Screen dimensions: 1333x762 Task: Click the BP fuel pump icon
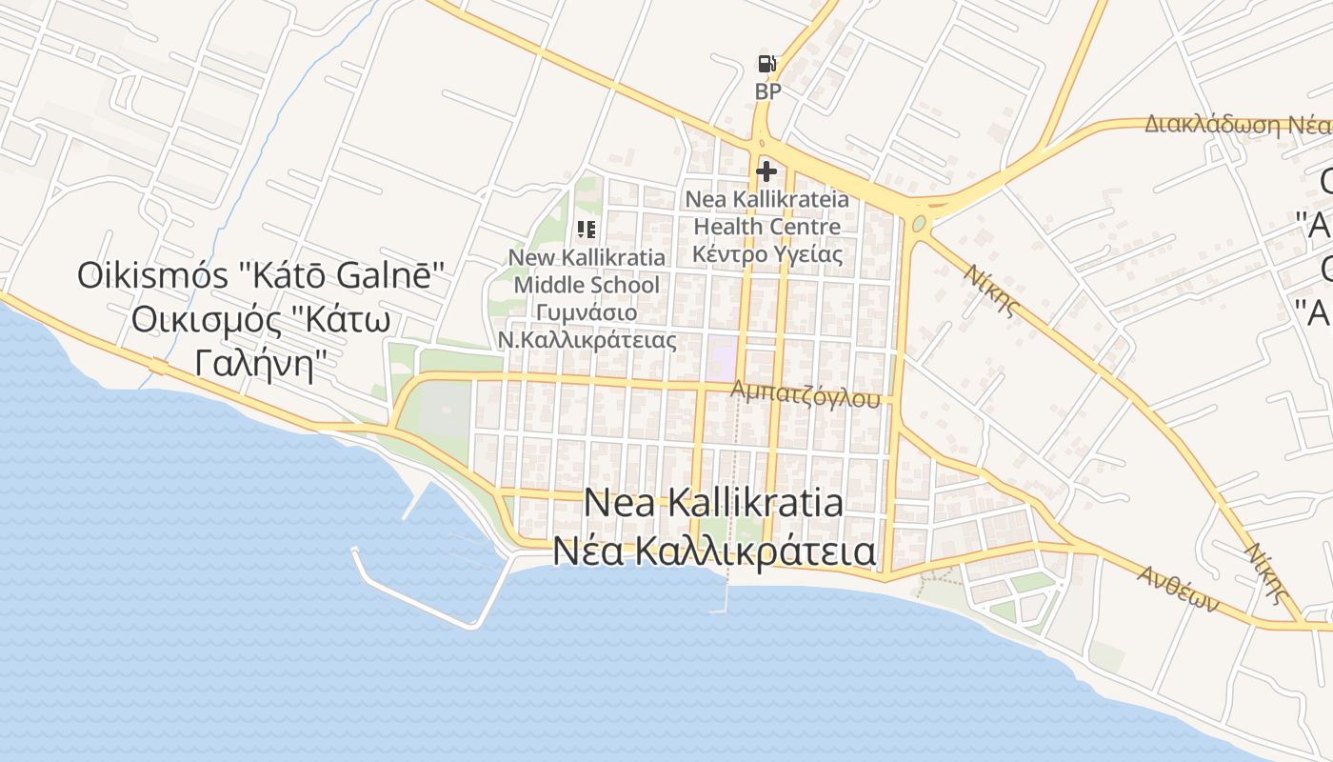click(x=766, y=64)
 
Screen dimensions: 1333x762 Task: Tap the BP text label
click(x=767, y=91)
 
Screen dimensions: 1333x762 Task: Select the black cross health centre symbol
click(x=766, y=172)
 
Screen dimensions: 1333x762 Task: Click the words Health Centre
click(x=766, y=227)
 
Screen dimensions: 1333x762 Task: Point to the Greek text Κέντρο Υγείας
click(x=766, y=254)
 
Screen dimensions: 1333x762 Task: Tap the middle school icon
click(x=587, y=229)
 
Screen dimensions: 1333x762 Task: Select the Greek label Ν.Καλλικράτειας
click(x=587, y=340)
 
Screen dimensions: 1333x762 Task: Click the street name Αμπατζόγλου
click(x=806, y=393)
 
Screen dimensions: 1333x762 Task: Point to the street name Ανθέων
click(x=1179, y=590)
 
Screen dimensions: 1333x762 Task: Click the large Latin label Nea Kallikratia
click(x=713, y=502)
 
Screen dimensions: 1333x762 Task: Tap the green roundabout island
click(x=919, y=225)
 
